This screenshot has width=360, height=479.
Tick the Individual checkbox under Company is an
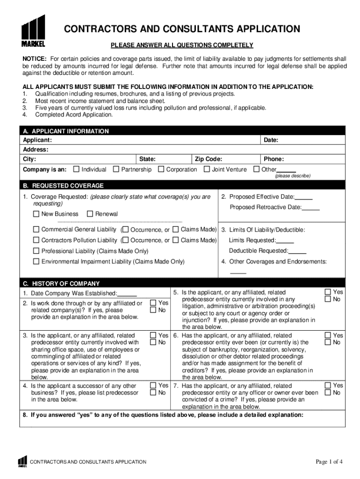point(77,169)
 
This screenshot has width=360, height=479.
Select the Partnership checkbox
point(116,169)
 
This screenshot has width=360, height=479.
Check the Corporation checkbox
point(161,169)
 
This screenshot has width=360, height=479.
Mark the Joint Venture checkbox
point(207,169)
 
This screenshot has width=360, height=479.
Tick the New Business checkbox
point(36,214)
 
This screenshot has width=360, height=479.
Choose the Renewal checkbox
point(90,214)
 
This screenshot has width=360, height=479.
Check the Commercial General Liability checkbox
point(36,230)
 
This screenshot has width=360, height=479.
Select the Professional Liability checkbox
point(36,251)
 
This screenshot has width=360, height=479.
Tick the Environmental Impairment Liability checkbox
point(36,262)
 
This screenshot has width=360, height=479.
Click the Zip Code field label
point(209,159)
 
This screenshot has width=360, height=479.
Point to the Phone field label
point(274,159)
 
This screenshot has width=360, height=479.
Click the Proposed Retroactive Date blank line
point(311,208)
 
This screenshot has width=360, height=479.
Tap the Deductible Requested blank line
point(298,251)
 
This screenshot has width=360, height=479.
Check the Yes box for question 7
point(328,385)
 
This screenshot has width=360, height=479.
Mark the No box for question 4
point(153,393)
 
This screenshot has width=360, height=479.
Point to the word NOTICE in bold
point(35,58)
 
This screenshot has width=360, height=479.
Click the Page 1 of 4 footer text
point(329,462)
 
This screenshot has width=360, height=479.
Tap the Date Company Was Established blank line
point(127,294)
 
